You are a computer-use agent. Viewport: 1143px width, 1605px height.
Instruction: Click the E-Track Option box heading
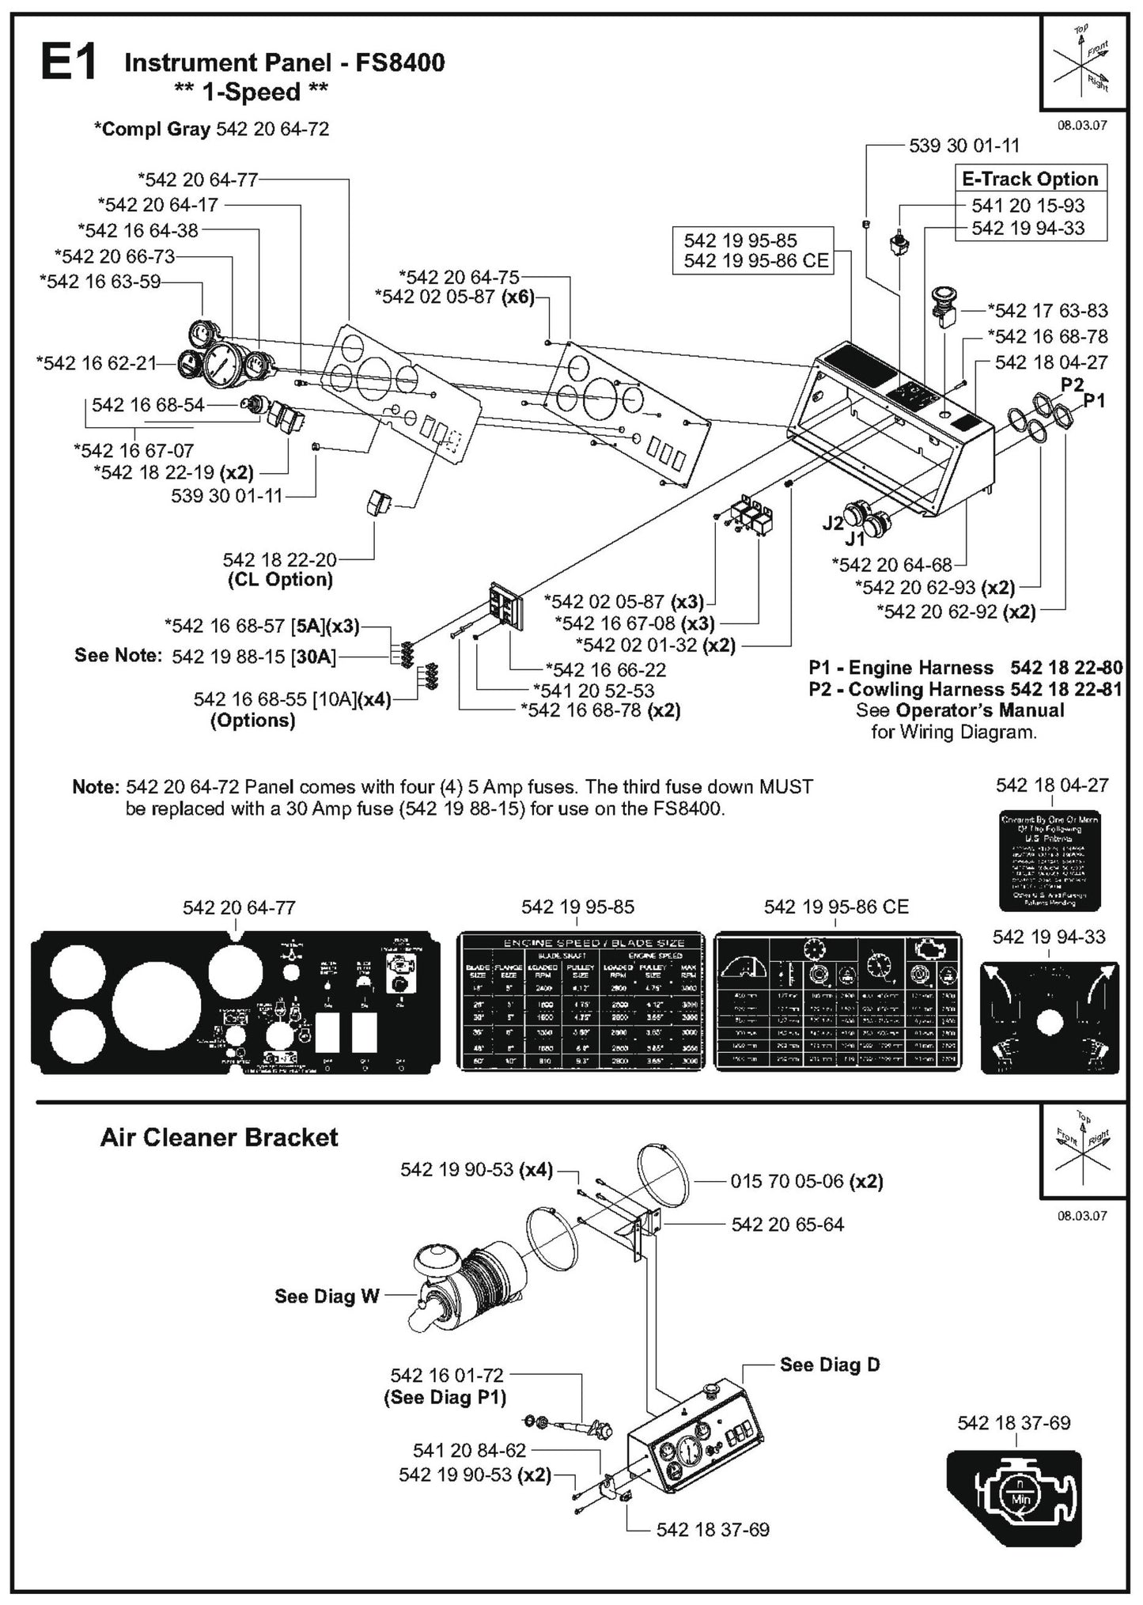point(1029,180)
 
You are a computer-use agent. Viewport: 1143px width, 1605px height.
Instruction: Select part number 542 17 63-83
point(1051,311)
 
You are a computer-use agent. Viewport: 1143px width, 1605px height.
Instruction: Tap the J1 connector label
point(854,540)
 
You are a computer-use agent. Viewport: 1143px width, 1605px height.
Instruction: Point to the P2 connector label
point(1072,384)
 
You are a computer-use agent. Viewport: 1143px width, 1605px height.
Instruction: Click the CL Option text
point(279,580)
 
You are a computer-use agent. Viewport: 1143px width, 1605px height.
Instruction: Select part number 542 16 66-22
point(609,669)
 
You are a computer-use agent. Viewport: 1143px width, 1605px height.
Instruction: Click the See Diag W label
point(327,1296)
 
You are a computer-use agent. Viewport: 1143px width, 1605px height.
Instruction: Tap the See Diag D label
point(829,1365)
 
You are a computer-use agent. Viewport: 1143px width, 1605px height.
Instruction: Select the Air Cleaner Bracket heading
point(219,1138)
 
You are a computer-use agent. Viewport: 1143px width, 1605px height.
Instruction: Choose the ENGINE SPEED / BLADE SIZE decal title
point(582,942)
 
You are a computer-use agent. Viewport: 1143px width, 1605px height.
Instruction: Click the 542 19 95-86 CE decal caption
point(835,907)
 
